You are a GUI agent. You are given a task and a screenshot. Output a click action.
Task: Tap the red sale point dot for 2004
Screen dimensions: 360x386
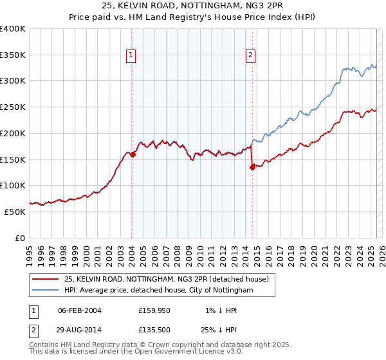pyautogui.click(x=133, y=154)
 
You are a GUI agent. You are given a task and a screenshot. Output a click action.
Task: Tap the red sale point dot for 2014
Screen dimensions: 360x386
pyautogui.click(x=252, y=167)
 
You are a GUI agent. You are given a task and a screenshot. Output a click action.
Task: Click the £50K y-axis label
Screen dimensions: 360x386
pyautogui.click(x=15, y=211)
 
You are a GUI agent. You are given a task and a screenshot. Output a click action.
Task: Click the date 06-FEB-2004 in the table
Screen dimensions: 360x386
pyautogui.click(x=80, y=310)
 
